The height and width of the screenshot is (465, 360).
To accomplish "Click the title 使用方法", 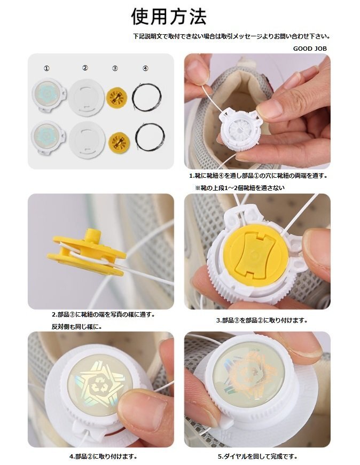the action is (x=169, y=17).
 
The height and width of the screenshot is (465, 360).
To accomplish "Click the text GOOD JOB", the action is (x=310, y=49).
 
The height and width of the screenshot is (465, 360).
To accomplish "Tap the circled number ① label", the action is (x=46, y=68).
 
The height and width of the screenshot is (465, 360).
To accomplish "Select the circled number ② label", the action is (x=85, y=68).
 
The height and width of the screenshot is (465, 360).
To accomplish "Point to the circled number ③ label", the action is (x=115, y=68).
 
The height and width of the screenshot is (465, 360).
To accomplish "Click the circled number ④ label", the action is (x=145, y=68).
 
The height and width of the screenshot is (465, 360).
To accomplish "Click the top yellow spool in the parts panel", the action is (x=116, y=97).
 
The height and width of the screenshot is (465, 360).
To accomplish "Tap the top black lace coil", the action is (x=146, y=98).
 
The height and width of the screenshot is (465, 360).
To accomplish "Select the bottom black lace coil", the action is (x=150, y=137).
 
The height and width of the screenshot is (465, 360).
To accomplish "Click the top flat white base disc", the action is (x=86, y=97).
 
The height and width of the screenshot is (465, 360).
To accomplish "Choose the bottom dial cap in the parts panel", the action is (x=48, y=137).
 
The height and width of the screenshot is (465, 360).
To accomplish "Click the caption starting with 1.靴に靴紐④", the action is (x=258, y=176).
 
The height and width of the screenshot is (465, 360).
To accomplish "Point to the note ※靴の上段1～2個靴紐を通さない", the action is (x=240, y=188).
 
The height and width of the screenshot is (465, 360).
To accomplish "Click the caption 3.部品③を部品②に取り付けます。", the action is (x=262, y=320).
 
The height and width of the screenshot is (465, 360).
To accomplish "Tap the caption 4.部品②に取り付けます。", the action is (x=103, y=456).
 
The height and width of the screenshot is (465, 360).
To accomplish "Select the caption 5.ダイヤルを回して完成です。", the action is (x=257, y=456).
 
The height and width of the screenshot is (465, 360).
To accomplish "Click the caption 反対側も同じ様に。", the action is (x=77, y=327).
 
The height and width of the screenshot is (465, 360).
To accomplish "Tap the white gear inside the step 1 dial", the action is (x=239, y=129).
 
